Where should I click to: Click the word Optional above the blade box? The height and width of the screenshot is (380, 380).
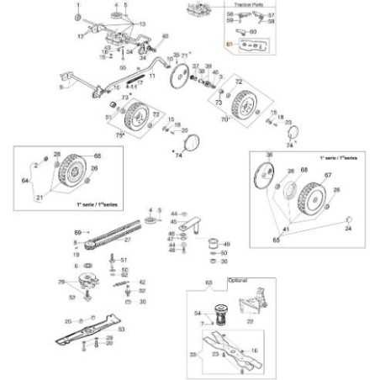[x=216, y=278]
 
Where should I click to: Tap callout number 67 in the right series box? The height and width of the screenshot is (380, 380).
[x=329, y=174]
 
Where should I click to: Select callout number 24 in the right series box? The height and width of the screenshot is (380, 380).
[x=349, y=228]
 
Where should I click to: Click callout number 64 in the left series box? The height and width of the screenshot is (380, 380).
[x=24, y=179]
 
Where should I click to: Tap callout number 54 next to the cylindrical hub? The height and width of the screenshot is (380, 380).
[x=198, y=311]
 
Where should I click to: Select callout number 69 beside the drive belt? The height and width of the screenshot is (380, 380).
[x=77, y=231]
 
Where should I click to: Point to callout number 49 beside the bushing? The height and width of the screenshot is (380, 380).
[x=226, y=244]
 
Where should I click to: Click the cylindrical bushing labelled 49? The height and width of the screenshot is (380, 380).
[x=213, y=244]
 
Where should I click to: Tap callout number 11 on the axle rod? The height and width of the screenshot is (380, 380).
[x=152, y=76]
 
